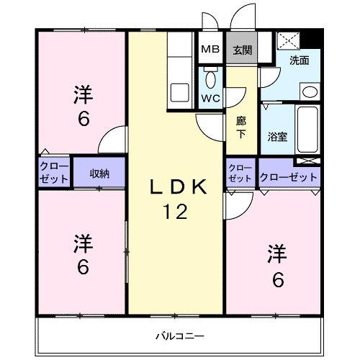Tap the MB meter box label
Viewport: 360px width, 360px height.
tap(210, 50)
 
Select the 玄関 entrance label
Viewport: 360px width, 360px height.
tap(242, 50)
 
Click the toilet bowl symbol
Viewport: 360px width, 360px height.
tap(210, 78)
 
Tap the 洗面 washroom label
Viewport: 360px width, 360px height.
tap(300, 60)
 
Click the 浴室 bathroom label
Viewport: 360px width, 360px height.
tap(277, 135)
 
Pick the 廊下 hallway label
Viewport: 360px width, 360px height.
tap(241, 128)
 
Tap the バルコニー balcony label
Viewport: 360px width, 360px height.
tap(179, 336)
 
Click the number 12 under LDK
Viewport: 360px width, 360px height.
tap(177, 212)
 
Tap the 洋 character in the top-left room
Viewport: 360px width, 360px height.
tap(84, 94)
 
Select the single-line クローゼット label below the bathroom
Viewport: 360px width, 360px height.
tap(288, 177)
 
